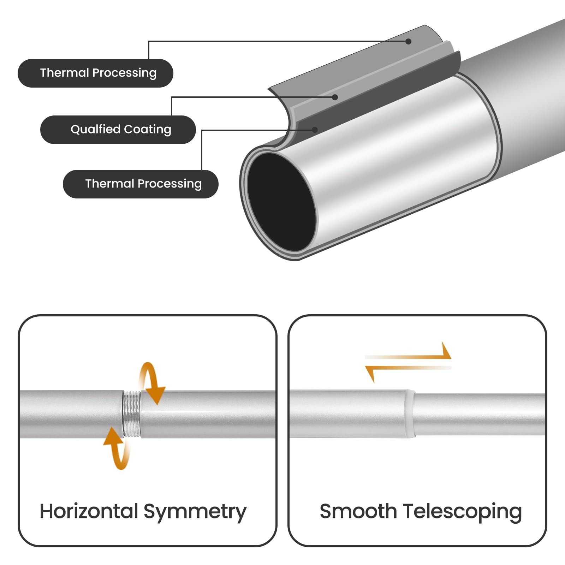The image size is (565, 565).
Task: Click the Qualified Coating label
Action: pyautogui.click(x=118, y=130)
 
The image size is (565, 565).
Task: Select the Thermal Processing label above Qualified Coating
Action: pyautogui.click(x=95, y=73)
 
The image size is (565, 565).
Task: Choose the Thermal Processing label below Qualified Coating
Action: pyautogui.click(x=141, y=184)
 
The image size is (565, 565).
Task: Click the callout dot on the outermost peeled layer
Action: pyautogui.click(x=409, y=42)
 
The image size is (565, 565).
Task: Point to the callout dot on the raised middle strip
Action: pyautogui.click(x=335, y=97)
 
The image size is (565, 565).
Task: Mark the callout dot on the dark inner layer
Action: pyautogui.click(x=315, y=130)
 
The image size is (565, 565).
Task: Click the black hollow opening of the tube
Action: pyautogui.click(x=281, y=202)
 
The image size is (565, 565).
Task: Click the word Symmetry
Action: pyautogui.click(x=195, y=513)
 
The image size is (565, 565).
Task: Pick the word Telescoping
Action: pyautogui.click(x=462, y=513)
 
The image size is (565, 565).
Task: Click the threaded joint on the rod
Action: pyautogui.click(x=131, y=414)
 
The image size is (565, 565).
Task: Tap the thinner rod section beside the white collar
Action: pyautogui.click(x=480, y=414)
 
